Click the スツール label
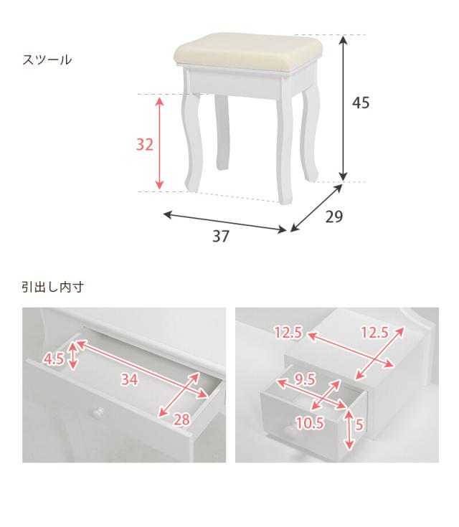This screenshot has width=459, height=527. (47, 60)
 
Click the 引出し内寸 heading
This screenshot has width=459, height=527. (53, 287)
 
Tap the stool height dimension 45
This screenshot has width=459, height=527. (361, 103)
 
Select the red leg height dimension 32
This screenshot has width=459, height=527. (145, 144)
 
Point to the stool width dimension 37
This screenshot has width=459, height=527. (221, 237)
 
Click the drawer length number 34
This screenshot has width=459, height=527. (129, 381)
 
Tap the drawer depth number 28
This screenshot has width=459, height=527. (181, 419)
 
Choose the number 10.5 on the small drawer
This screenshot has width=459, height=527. (310, 423)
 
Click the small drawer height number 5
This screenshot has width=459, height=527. (359, 424)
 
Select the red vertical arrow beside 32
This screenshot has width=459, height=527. (159, 143)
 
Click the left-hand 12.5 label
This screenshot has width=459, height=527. (289, 332)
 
